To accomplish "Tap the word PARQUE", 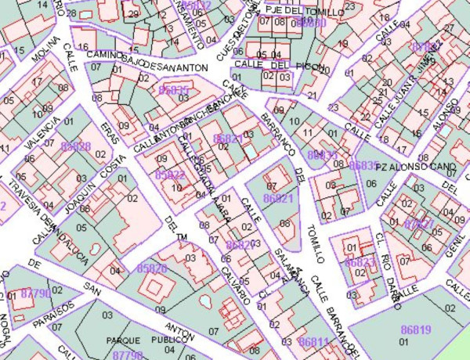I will tap(123, 340).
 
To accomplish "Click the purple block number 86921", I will tap(278, 200).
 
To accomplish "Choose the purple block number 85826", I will tap(152, 268).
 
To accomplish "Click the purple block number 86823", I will tap(360, 261).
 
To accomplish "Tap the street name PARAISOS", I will tap(58, 311).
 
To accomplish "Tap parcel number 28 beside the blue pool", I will tap(71, 13).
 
